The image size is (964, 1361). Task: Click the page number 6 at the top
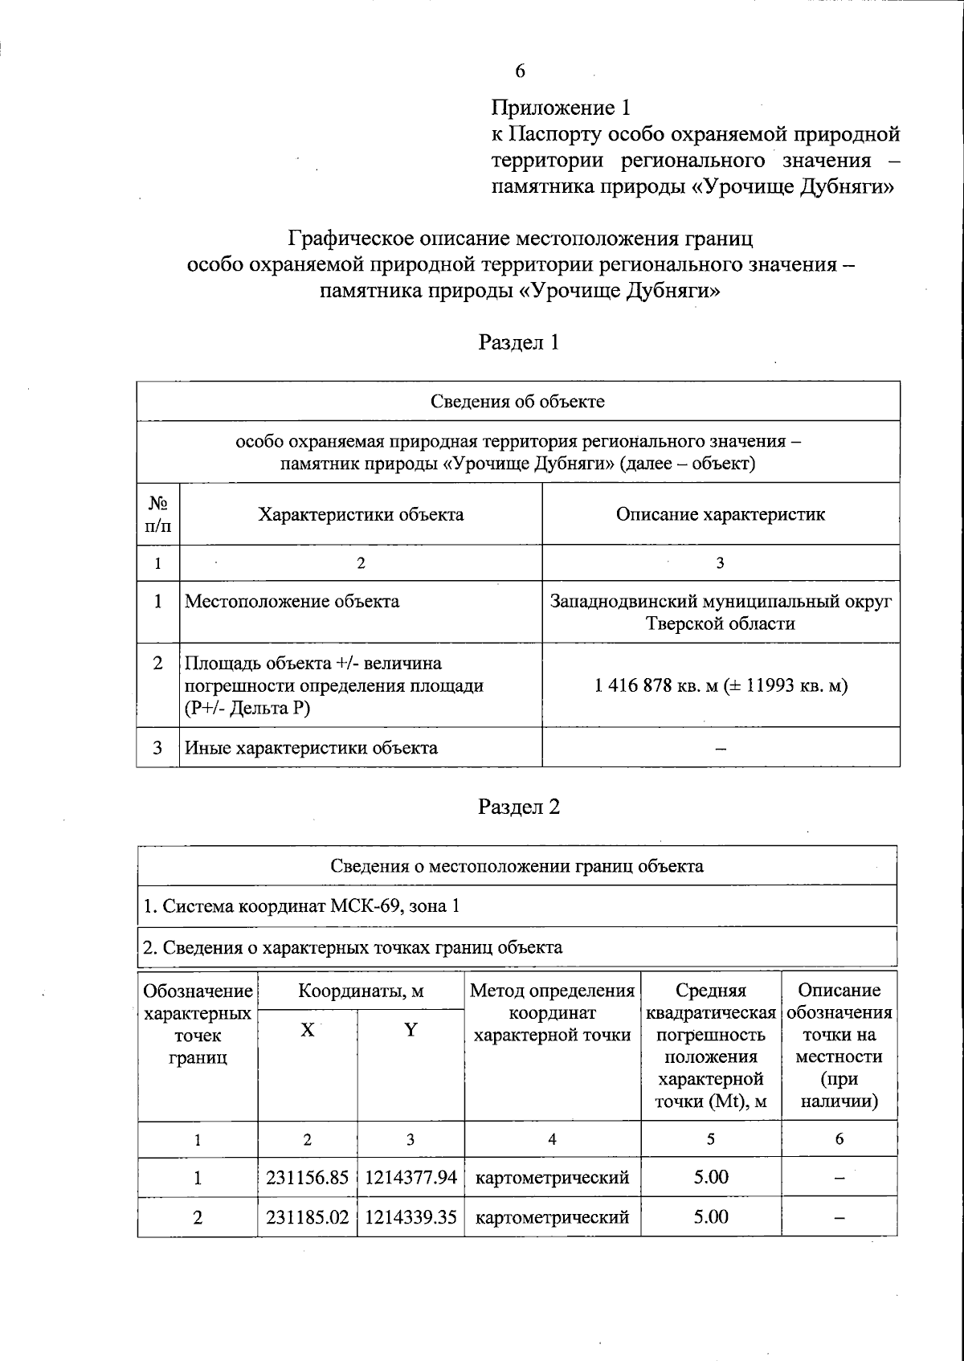click(x=520, y=72)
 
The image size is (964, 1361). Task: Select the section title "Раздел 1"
click(x=518, y=342)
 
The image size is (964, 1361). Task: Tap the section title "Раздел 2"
click(x=518, y=807)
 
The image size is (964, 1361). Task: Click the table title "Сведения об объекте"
click(x=517, y=401)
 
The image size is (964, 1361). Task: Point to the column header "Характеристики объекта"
click(x=361, y=514)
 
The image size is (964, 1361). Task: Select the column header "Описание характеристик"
click(x=720, y=514)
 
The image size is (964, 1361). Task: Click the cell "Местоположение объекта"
click(x=292, y=602)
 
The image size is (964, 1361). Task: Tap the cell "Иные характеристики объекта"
click(x=312, y=748)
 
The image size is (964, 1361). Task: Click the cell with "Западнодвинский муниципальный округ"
click(x=720, y=602)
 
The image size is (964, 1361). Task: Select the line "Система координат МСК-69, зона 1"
click(x=301, y=906)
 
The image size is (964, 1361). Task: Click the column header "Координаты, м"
click(x=361, y=991)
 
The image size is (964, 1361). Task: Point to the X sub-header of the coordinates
click(x=307, y=1030)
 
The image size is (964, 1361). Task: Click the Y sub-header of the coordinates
click(x=411, y=1030)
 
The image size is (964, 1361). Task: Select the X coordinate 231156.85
click(x=307, y=1178)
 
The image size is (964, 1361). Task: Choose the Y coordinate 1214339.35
click(x=411, y=1217)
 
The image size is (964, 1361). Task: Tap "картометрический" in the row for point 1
click(x=553, y=1178)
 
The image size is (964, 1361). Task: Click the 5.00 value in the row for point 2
click(x=711, y=1217)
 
